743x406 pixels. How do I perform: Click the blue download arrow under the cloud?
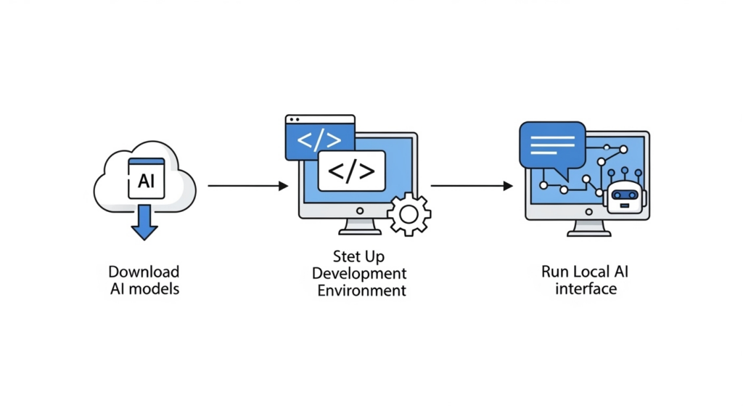click(144, 222)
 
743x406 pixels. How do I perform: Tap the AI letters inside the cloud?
click(146, 181)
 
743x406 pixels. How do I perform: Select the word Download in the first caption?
click(144, 272)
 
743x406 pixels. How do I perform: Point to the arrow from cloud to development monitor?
click(247, 186)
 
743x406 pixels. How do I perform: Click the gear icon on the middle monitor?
click(409, 214)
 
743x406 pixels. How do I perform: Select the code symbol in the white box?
click(352, 171)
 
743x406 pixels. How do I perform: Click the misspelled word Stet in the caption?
click(346, 256)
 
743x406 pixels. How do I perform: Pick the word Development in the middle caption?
click(360, 274)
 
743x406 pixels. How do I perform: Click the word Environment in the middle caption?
click(361, 291)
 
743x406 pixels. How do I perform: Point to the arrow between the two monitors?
click(472, 186)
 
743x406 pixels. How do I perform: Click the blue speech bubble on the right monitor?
click(552, 146)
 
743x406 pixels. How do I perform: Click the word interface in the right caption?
click(586, 288)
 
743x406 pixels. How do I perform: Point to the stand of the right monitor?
click(588, 227)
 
